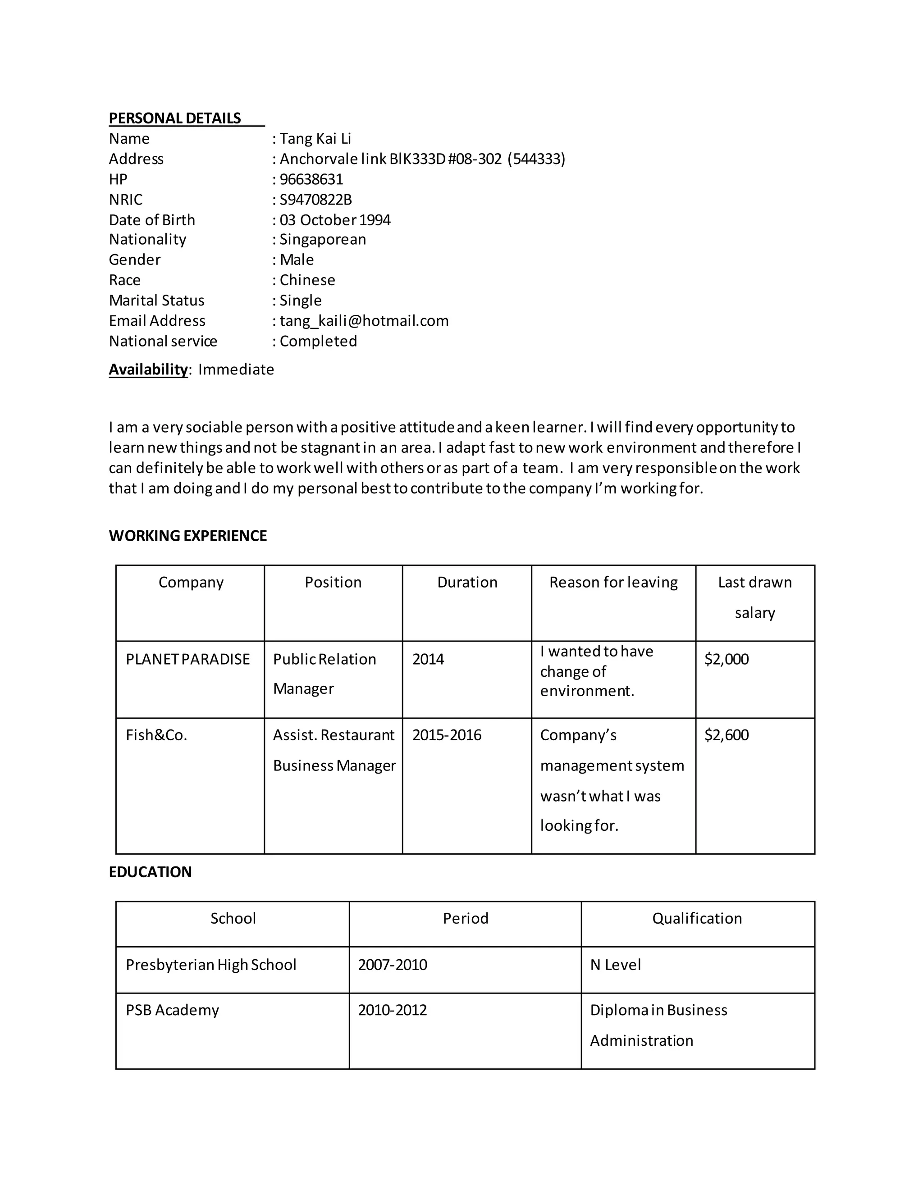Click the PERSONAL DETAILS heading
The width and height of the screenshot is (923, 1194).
pyautogui.click(x=174, y=118)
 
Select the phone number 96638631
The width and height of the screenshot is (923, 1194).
pyautogui.click(x=311, y=179)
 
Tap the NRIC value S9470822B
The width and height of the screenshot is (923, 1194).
pyautogui.click(x=315, y=200)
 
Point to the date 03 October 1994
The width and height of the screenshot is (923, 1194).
pyautogui.click(x=335, y=220)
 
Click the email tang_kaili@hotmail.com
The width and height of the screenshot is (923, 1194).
pyautogui.click(x=364, y=321)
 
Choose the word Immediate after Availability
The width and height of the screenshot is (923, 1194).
pyautogui.click(x=236, y=369)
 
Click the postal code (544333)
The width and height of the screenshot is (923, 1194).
pyautogui.click(x=536, y=159)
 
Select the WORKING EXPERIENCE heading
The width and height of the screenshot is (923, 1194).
pyautogui.click(x=187, y=536)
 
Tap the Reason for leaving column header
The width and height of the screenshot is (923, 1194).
pyautogui.click(x=613, y=582)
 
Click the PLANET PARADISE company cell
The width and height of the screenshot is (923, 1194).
pyautogui.click(x=187, y=659)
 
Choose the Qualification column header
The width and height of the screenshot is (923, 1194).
pyautogui.click(x=697, y=918)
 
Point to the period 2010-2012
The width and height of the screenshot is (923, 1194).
pyautogui.click(x=392, y=1010)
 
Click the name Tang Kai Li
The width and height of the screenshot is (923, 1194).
pyautogui.click(x=315, y=139)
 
